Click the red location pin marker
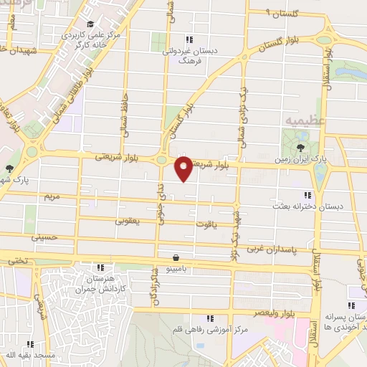click(x=184, y=169)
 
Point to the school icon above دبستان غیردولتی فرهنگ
click(x=190, y=40)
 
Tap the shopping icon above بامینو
click(x=176, y=257)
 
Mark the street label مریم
click(x=52, y=196)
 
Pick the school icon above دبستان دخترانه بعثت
click(x=308, y=195)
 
